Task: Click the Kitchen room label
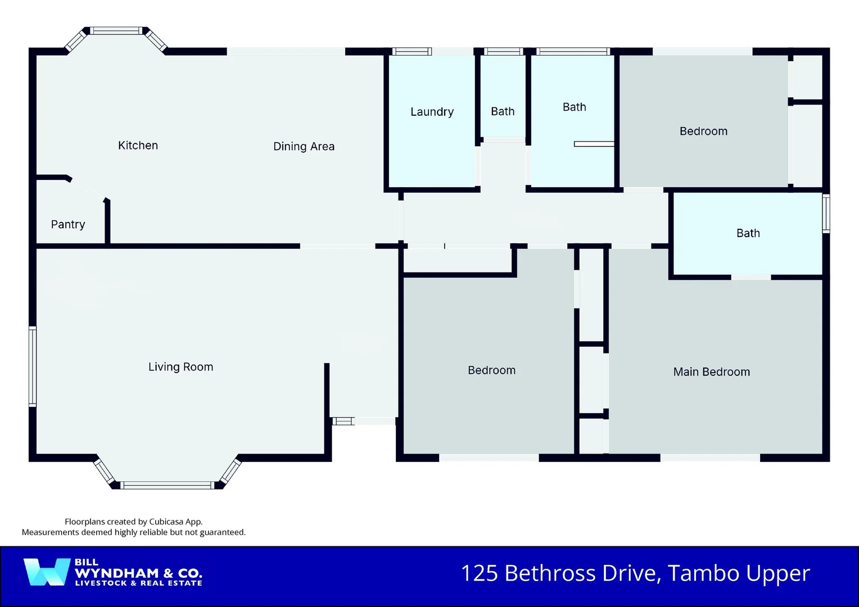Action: click(138, 146)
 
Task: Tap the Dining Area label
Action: click(304, 147)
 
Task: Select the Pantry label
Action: click(68, 225)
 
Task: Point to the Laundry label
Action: click(432, 112)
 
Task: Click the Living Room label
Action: click(180, 367)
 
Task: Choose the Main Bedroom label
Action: click(711, 372)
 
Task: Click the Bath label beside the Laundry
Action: click(503, 112)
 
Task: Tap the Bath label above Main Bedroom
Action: click(748, 233)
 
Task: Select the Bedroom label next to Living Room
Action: click(491, 370)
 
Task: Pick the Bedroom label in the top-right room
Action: click(703, 132)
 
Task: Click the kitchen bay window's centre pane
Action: click(117, 31)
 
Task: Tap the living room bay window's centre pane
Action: click(167, 485)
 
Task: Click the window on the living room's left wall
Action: click(33, 366)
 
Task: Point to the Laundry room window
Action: click(412, 52)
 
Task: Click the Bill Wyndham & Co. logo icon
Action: click(47, 572)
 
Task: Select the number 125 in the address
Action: click(480, 574)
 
